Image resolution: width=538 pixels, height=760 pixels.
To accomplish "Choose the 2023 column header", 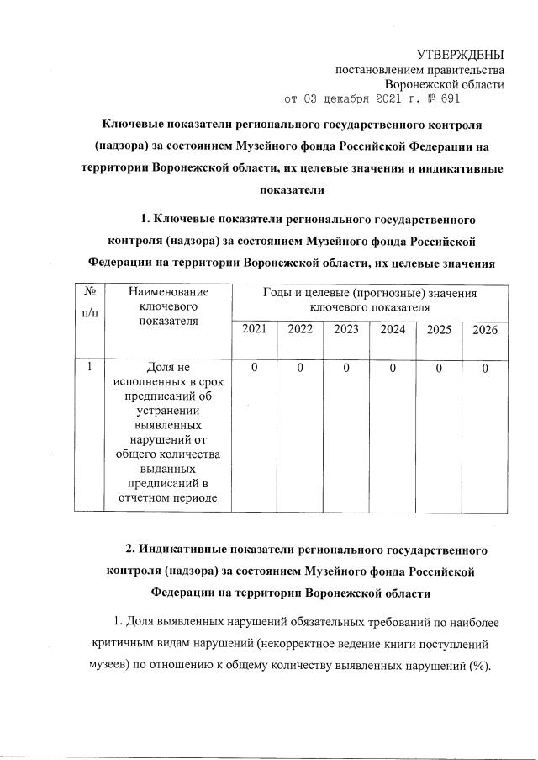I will pyautogui.click(x=346, y=330).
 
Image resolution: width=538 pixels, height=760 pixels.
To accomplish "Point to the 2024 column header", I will pyautogui.click(x=393, y=330).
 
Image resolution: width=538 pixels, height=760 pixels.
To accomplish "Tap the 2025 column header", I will pyautogui.click(x=439, y=330).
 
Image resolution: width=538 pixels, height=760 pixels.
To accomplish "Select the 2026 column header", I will pyautogui.click(x=485, y=330).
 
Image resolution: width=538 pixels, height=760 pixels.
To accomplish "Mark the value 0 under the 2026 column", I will pyautogui.click(x=485, y=368).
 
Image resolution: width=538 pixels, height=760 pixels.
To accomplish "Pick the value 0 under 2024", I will pyautogui.click(x=393, y=368).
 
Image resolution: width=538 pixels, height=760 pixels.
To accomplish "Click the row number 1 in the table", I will pyautogui.click(x=89, y=368).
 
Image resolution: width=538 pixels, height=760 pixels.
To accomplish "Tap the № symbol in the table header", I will pyautogui.click(x=90, y=292).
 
